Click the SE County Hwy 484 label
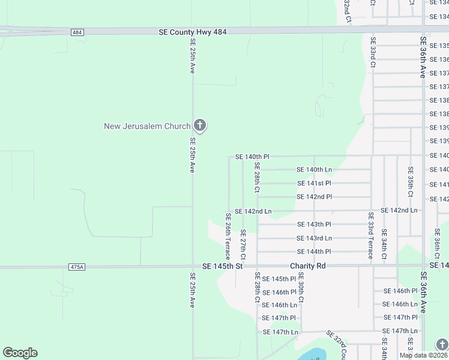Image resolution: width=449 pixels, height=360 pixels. tap(193, 32)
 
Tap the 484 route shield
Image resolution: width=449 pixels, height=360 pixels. tap(76, 32)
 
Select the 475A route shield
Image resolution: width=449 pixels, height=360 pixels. tap(77, 267)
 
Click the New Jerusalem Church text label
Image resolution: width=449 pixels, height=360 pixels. tap(147, 126)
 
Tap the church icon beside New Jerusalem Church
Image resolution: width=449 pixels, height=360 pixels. tap(200, 126)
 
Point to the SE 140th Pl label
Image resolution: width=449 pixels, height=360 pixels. tap(252, 157)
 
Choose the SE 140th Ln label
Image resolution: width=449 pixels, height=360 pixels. tap(315, 170)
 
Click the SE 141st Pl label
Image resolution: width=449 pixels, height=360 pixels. tap(314, 183)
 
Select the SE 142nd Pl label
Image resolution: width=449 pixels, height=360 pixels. tap(314, 197)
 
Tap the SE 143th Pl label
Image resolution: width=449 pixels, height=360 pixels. tap(314, 224)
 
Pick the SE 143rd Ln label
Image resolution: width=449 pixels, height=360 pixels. tap(314, 238)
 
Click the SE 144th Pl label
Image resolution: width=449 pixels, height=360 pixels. tap(314, 251)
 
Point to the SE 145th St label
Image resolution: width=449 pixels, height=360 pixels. tap(222, 266)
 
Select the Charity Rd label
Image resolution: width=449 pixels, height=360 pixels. tap(307, 266)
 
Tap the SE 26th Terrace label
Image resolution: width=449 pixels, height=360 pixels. tap(228, 236)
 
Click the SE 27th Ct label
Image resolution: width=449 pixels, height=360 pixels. tap(243, 244)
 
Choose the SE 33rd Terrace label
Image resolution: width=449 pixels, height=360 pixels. tap(371, 236)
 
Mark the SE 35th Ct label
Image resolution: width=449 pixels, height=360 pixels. tap(411, 182)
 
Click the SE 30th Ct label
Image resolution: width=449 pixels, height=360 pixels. tap(301, 287)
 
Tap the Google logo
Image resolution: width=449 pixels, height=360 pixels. tap(20, 353)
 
